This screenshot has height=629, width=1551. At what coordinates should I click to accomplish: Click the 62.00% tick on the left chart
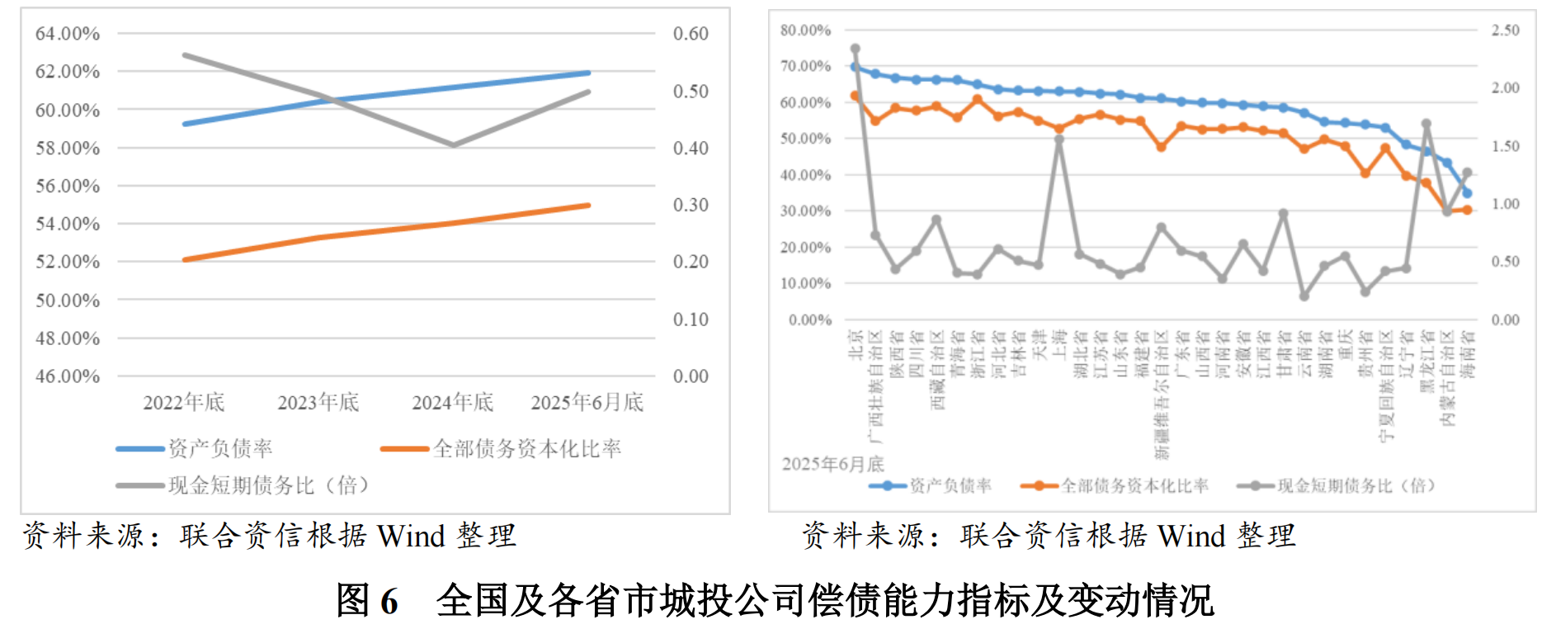(67, 72)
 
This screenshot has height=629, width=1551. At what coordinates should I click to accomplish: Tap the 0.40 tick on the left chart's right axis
(691, 149)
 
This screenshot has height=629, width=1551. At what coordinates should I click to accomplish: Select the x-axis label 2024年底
(452, 403)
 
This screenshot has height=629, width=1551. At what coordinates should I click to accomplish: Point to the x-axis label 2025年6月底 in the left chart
(587, 403)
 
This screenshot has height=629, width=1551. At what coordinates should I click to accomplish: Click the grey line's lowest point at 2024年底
(453, 144)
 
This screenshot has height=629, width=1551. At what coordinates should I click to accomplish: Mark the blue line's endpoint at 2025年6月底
(588, 73)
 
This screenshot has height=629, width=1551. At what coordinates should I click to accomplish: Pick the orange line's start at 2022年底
(185, 259)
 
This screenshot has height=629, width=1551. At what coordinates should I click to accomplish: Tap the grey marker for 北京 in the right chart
(856, 49)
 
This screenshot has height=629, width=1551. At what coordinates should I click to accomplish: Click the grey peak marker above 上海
(1059, 140)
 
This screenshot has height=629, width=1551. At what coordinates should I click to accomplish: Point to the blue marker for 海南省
(1467, 193)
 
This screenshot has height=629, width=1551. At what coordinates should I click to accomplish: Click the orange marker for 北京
(856, 96)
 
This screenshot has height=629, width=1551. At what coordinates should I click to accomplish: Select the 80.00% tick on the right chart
(805, 31)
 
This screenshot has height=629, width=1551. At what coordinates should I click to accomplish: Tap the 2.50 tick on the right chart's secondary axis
(1505, 31)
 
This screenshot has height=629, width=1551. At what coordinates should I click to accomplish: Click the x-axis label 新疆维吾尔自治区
(1162, 395)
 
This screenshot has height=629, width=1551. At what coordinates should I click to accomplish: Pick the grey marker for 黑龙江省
(1426, 125)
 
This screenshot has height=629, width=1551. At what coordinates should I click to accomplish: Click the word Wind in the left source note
(411, 537)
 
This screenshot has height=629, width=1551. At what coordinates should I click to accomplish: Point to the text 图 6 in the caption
(367, 600)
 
